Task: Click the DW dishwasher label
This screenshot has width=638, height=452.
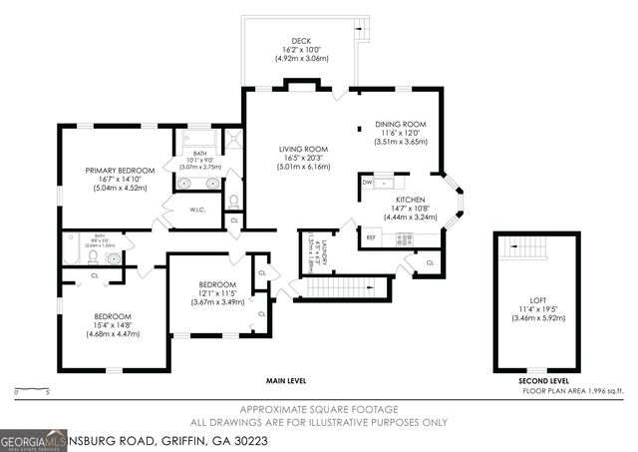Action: (368, 183)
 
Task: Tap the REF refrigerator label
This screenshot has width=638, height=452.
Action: (371, 237)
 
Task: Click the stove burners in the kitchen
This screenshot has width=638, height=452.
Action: (405, 238)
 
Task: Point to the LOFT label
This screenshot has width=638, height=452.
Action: (537, 298)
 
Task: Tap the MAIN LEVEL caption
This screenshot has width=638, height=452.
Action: (286, 381)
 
